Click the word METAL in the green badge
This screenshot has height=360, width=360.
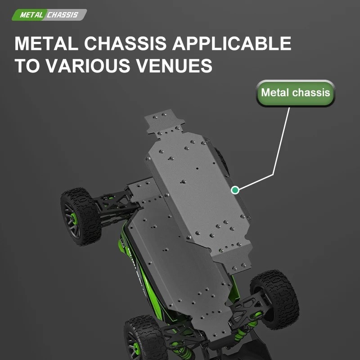31,15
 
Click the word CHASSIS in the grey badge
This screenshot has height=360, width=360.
63,15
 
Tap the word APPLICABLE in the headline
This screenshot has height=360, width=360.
232,43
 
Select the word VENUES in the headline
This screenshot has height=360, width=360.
174,65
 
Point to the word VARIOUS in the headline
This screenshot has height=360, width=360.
88,65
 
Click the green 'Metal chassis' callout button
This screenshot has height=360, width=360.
295,93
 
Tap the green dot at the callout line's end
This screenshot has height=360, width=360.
235,190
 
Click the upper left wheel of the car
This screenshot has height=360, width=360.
81,216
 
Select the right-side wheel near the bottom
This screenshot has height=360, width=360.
274,299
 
